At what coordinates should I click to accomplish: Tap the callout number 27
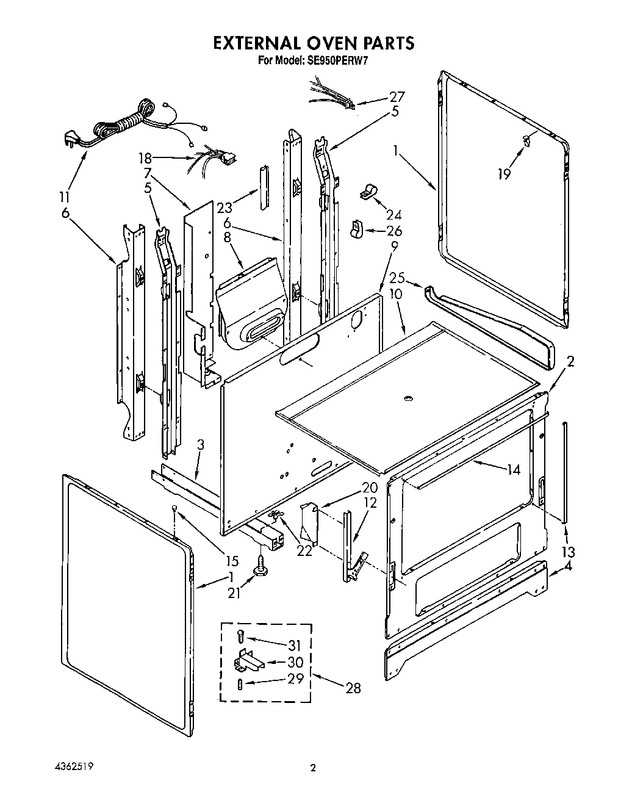(397, 96)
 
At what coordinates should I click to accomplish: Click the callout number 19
(504, 175)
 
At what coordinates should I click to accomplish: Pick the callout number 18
(145, 157)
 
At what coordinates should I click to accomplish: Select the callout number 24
(394, 214)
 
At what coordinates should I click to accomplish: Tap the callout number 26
(395, 231)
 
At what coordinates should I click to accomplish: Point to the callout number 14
(514, 469)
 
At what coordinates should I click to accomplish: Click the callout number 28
(353, 688)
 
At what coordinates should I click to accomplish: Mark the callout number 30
(295, 661)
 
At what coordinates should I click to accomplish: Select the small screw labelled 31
(241, 637)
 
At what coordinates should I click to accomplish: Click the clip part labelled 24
(367, 193)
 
